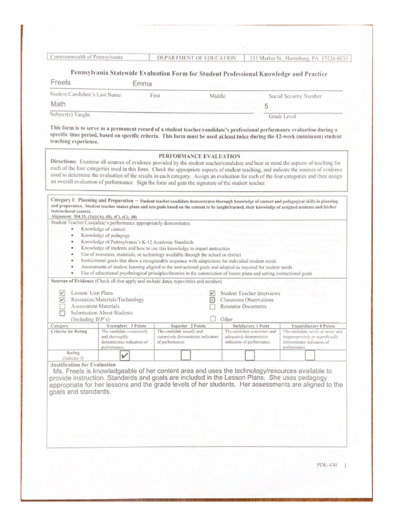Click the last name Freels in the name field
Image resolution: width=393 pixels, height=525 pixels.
[61, 83]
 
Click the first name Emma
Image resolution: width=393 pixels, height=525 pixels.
[142, 84]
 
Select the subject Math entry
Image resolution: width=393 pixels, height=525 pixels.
[58, 104]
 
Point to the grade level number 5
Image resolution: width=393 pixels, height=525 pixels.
[266, 107]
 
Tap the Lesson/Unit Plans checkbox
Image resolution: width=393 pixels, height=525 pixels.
[62, 293]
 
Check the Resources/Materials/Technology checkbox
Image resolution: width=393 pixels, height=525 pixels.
[62, 300]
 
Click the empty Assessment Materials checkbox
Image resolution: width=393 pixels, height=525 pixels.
[62, 307]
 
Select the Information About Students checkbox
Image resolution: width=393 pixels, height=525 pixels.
[62, 313]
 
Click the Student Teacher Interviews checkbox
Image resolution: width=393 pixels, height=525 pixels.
[212, 293]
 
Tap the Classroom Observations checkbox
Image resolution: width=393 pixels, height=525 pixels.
[212, 300]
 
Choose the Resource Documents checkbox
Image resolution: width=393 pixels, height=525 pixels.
[212, 307]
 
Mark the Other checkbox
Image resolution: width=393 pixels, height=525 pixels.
[212, 319]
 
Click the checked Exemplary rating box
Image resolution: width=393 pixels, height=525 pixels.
[124, 355]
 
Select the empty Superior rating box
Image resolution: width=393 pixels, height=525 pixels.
[186, 355]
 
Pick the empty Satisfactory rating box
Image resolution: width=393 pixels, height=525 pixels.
[250, 355]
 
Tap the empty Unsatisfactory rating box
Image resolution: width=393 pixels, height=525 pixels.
[310, 355]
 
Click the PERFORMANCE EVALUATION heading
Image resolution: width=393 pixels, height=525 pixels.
[199, 156]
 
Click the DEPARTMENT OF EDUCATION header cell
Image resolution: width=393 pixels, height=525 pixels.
[196, 58]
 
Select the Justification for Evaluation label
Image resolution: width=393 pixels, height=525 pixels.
[76, 365]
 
